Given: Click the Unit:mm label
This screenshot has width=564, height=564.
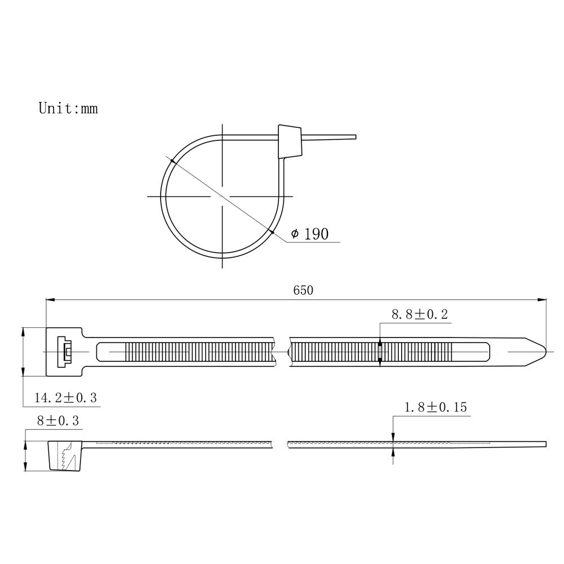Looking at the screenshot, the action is coord(68,108).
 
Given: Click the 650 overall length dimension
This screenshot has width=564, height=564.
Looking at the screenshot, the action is coord(303,290).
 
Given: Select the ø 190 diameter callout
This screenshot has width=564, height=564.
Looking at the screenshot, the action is coord(310,234).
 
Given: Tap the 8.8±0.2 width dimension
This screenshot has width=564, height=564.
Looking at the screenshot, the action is coord(419,314).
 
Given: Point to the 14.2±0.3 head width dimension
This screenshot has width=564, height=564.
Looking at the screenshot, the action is coord(65,398).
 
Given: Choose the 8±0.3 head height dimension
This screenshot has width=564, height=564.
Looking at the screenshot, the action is coord(58,420).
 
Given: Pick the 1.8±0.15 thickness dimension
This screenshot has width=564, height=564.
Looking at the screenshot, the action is coord(436,407).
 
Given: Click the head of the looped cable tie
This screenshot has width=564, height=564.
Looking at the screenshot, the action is coord(290,142).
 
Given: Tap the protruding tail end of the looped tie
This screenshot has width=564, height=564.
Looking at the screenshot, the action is coord(329,137).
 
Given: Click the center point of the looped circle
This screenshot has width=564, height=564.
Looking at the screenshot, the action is coord(223,197).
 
